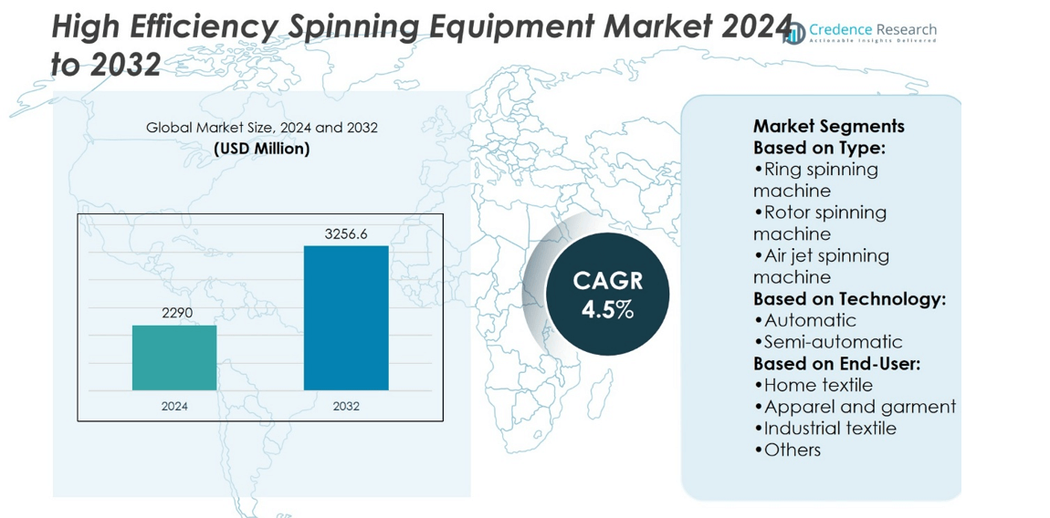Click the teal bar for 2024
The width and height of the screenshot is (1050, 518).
[x=174, y=357]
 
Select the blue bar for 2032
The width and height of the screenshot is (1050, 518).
[x=346, y=317]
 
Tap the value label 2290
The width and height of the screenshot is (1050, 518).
[x=174, y=313]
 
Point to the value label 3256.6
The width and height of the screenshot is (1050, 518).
[x=346, y=234]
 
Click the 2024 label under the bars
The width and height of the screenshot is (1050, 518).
[x=174, y=406]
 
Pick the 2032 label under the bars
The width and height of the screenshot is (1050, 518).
[x=346, y=406]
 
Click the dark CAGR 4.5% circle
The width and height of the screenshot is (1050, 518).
[x=607, y=295]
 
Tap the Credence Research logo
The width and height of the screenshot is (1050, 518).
[x=861, y=33]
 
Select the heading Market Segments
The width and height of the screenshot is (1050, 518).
[x=828, y=126]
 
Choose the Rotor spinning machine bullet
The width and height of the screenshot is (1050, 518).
[x=819, y=223]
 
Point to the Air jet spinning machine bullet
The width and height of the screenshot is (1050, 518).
[x=820, y=265]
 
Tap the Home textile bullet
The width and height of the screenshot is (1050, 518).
[x=813, y=385]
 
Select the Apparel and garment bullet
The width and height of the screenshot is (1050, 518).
[x=855, y=407]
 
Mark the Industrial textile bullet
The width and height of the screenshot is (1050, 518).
[x=824, y=428]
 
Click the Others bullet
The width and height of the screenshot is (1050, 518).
[x=787, y=450]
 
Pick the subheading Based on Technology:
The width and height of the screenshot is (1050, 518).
[x=849, y=298]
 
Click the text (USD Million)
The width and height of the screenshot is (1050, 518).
[x=261, y=149]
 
